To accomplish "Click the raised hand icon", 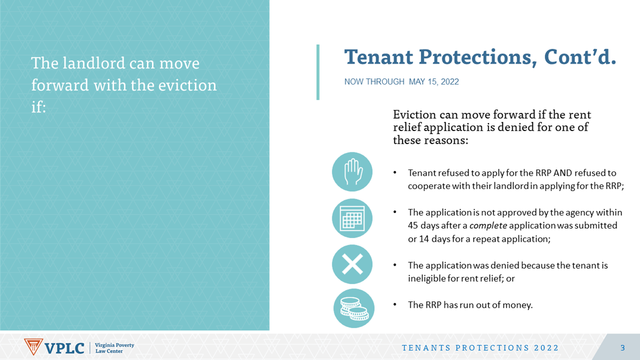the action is pos(352,172).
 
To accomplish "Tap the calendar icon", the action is pos(352,218).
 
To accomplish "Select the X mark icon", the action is pos(352,264).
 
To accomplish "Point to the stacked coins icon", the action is pos(354,308).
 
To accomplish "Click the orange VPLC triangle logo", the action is pos(33,347).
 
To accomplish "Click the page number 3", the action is pos(623,348).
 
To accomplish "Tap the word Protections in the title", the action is pos(477,57).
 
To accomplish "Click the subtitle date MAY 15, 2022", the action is pos(434,82).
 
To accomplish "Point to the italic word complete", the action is pos(488,226).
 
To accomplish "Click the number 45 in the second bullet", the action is pos(413,225).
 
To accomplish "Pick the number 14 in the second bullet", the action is pos(424,239).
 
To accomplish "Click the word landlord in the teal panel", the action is pos(94,63).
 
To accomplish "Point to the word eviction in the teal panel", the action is pos(187,85).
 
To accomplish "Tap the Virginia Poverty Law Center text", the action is pos(114,348).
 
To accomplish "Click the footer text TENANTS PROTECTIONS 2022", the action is pos(480,348).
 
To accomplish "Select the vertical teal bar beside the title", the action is pos(318,72).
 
